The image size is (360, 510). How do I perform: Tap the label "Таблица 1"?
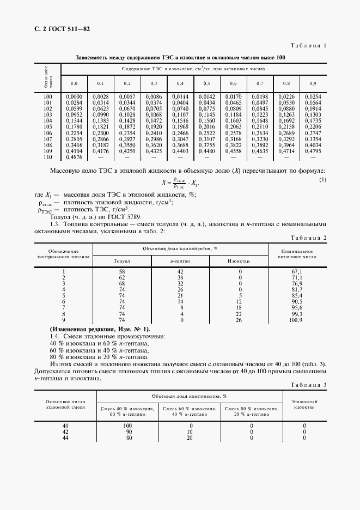tap(309, 46)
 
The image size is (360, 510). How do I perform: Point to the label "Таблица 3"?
tap(309, 385)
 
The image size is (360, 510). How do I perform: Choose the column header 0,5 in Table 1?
tap(207, 83)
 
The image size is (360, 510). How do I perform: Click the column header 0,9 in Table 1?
tap(313, 83)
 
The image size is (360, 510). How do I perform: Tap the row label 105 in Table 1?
tap(47, 127)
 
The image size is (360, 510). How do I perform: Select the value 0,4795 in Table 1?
tap(313, 151)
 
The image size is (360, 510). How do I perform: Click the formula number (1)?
tap(322, 179)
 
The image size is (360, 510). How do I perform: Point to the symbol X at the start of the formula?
tap(163, 184)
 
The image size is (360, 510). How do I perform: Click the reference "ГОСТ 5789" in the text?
tap(143, 216)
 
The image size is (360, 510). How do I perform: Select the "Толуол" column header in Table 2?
tap(121, 261)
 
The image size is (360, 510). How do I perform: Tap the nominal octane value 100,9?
tap(297, 320)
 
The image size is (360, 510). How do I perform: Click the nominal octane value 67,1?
tap(297, 271)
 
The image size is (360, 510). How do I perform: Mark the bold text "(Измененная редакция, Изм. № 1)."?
tap(100, 330)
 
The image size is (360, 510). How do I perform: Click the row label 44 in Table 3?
tap(65, 438)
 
